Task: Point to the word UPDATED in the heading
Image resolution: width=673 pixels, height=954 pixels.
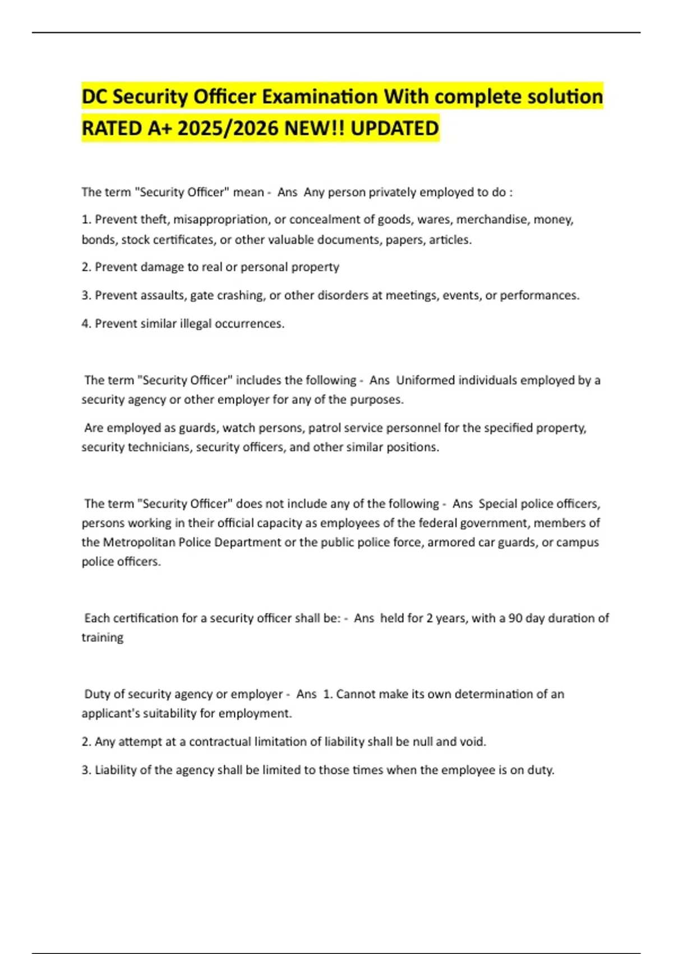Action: pyautogui.click(x=395, y=129)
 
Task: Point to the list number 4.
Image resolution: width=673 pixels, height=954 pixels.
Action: pyautogui.click(x=85, y=324)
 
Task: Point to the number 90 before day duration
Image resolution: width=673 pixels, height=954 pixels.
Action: pyautogui.click(x=515, y=618)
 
